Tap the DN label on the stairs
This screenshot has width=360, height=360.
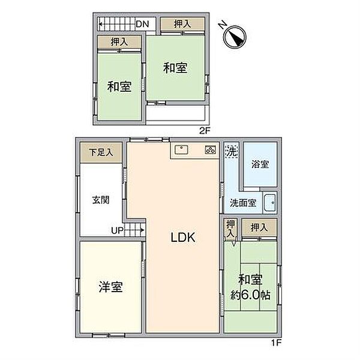(142, 24)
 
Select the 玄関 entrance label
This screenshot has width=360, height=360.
(100, 200)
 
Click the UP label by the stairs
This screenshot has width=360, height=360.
(118, 229)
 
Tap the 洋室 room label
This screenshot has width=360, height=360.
(110, 287)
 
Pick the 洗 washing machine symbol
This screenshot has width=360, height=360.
(231, 152)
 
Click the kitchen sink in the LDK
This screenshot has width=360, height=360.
(182, 150)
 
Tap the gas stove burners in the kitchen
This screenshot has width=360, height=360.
(210, 150)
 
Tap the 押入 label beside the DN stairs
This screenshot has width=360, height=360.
(182, 24)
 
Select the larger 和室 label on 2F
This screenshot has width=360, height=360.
(176, 68)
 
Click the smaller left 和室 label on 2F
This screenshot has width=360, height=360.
(119, 87)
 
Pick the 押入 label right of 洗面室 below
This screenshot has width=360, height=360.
(259, 227)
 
